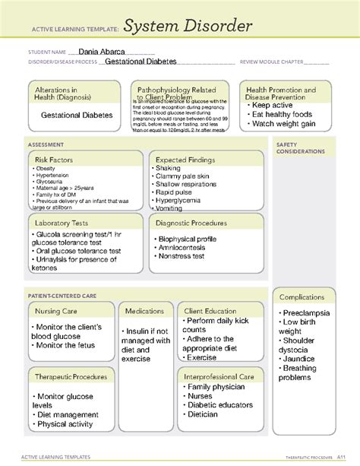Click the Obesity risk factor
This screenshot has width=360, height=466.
tap(45, 168)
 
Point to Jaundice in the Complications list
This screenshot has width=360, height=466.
tap(299, 359)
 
